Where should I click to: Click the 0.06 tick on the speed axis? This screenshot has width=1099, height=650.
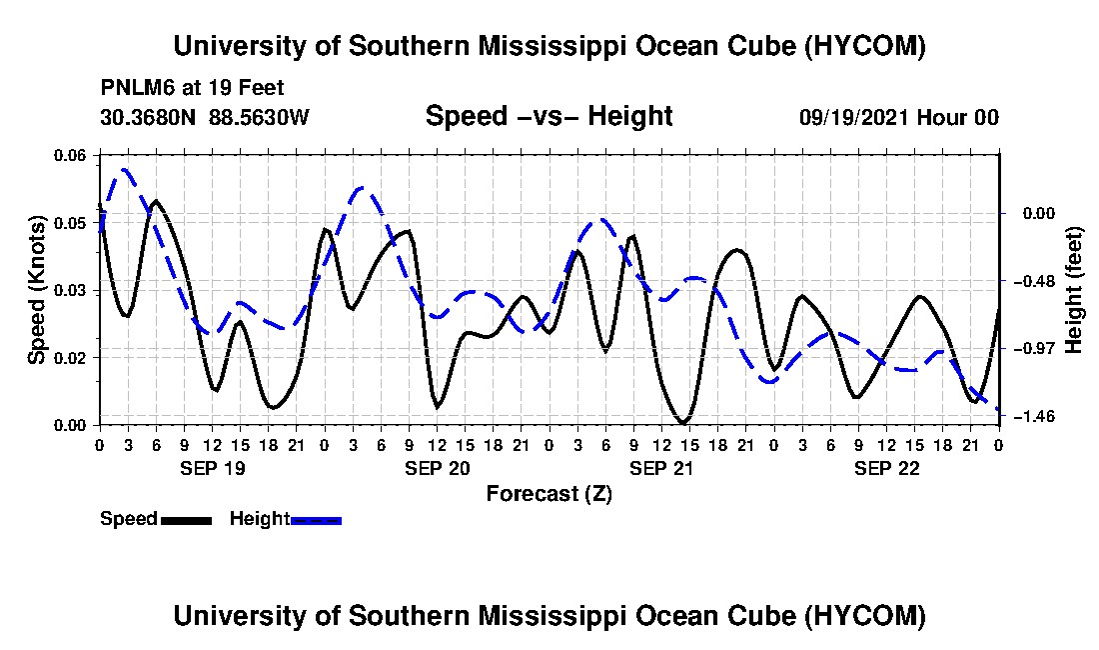tap(69, 155)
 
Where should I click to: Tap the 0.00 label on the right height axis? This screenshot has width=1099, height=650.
tap(1039, 213)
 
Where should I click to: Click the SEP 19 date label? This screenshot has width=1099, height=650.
tap(213, 468)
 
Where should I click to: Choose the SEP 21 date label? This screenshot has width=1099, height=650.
tap(662, 468)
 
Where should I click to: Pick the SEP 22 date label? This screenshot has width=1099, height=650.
tap(887, 468)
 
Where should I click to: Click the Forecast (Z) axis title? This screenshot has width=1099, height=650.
tap(549, 494)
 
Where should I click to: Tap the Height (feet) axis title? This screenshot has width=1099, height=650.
tap(1073, 290)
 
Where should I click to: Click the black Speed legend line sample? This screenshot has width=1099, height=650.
tap(187, 520)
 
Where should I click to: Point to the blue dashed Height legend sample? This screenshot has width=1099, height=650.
tap(316, 520)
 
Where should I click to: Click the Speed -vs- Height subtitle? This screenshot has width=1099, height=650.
tap(549, 116)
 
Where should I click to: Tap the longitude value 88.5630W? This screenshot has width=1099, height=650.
tap(259, 117)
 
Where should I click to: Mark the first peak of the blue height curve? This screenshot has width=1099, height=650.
tap(125, 169)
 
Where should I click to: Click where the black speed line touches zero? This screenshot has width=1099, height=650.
tap(683, 423)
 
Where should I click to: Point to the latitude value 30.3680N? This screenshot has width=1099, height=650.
tap(148, 117)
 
